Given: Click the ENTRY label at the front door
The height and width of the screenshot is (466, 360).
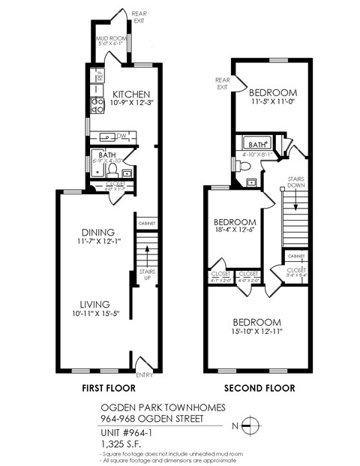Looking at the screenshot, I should (144, 375).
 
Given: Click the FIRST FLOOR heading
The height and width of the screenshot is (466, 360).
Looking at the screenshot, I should (108, 389).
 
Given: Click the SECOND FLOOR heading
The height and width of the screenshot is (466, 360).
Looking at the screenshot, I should (260, 389).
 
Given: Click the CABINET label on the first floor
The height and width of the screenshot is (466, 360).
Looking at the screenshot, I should (145, 223).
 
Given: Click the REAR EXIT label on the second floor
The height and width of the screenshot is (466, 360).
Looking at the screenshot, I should (222, 83).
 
